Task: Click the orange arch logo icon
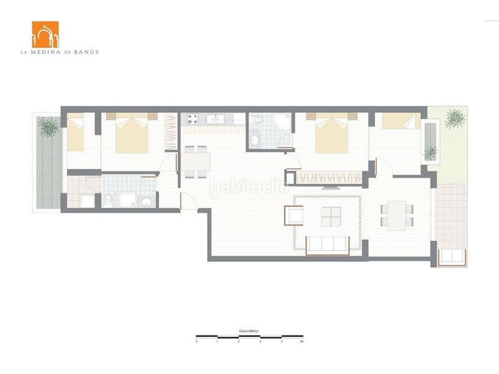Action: (45, 34)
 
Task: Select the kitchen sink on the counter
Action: (216, 118)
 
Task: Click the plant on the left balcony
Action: (49, 128)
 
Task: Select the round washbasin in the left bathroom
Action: (145, 201)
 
